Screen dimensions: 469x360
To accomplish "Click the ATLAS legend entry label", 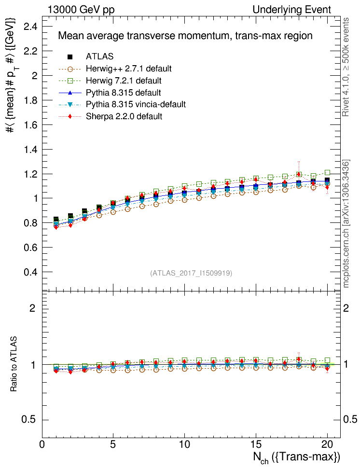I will (99, 56).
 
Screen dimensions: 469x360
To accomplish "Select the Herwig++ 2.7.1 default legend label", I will (129, 69).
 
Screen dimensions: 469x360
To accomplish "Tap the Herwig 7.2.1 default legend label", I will (124, 80).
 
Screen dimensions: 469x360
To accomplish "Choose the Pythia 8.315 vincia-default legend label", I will (136, 104).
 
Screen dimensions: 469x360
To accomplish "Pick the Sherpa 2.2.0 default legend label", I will (124, 116).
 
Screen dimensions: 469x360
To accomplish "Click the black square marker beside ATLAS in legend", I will (70, 56).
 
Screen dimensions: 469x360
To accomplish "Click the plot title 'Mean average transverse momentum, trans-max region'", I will (185, 36).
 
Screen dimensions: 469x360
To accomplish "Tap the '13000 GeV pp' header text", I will (81, 10).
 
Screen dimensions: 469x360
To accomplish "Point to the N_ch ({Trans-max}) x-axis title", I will (296, 457).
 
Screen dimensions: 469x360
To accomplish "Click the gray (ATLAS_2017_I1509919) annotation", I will (192, 273).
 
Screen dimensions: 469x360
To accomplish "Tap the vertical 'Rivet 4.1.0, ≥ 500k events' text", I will (346, 68).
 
